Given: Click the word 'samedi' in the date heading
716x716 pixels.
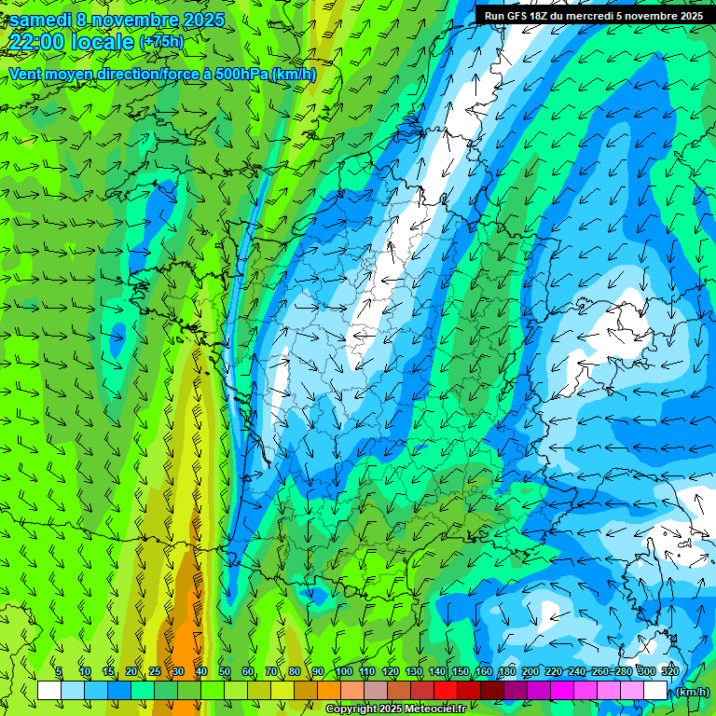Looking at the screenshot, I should [40, 19].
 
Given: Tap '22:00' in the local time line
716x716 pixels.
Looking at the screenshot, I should [36, 42].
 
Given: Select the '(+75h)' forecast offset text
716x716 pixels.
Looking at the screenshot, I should [160, 42].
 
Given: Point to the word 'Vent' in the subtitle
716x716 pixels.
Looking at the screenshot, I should [25, 74].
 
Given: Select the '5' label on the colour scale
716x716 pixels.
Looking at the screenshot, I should [60, 671].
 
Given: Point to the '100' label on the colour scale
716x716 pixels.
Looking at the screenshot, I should [344, 671].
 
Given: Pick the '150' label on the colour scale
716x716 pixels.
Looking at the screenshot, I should [461, 671].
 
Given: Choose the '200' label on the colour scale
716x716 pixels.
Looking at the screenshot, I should [530, 671].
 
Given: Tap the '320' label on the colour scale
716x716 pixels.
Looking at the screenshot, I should [669, 671].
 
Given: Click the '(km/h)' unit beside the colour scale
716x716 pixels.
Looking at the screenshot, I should [691, 692].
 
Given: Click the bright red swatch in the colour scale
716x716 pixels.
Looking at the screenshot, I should [446, 690].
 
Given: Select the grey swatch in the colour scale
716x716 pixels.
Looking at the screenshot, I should [376, 690].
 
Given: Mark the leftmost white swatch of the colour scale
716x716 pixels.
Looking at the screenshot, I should [49, 690].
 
